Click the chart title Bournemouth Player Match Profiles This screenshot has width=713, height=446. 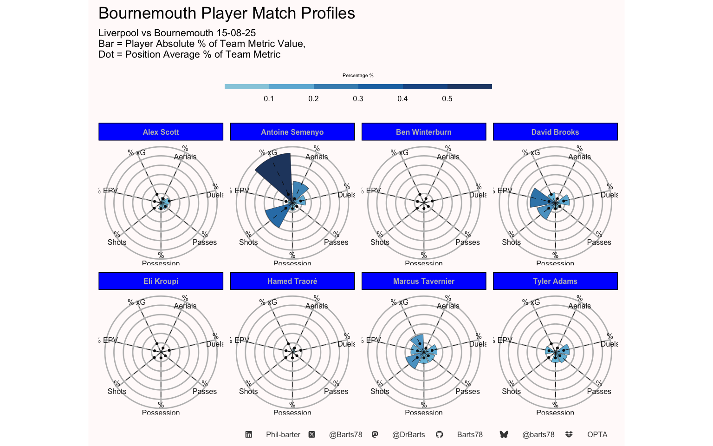click(x=227, y=13)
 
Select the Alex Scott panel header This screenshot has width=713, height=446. click(x=161, y=132)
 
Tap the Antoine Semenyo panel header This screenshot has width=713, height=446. click(x=292, y=132)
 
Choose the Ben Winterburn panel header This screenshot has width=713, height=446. click(x=423, y=132)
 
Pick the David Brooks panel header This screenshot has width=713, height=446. click(x=555, y=132)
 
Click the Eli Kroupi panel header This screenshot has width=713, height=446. click(x=161, y=281)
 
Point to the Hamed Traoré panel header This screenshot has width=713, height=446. click(x=292, y=281)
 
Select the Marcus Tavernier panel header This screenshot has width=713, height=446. click(x=423, y=281)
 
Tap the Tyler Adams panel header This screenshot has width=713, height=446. click(x=555, y=281)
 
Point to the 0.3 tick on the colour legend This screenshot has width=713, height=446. click(x=358, y=98)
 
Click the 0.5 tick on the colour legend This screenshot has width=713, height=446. click(x=447, y=98)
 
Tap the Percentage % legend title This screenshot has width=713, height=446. click(x=358, y=75)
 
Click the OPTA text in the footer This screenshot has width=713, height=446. click(x=597, y=434)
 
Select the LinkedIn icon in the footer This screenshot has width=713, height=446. click(x=249, y=434)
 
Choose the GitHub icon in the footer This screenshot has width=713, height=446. click(x=439, y=434)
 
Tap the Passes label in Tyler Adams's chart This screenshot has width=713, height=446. click(x=599, y=391)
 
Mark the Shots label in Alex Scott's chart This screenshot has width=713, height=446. click(x=117, y=242)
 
